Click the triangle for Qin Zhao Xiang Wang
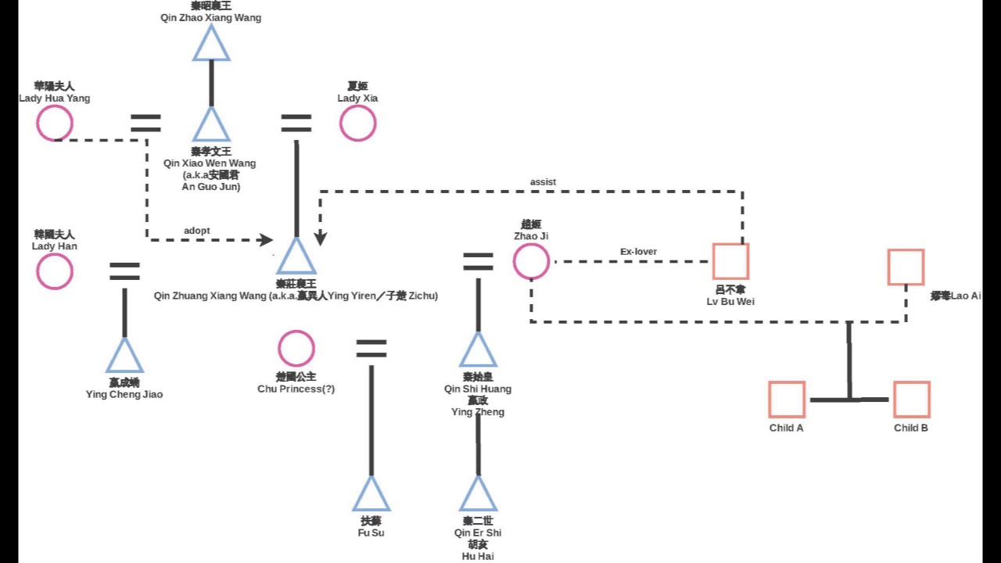211,45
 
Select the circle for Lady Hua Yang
55,123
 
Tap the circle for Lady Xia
357,123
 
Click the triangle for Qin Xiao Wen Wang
211,126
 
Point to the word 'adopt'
197,230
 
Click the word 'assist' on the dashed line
543,182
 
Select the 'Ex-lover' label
638,252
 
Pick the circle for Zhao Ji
531,261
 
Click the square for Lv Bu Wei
730,261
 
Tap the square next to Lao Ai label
906,267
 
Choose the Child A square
787,399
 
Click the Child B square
911,399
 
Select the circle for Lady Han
55,271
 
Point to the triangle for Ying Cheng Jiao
124,357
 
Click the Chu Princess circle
296,349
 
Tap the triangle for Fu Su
371,495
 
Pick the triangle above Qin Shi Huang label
479,351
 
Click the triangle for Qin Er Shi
478,495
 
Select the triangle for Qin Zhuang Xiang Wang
296,257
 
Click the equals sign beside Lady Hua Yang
145,123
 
